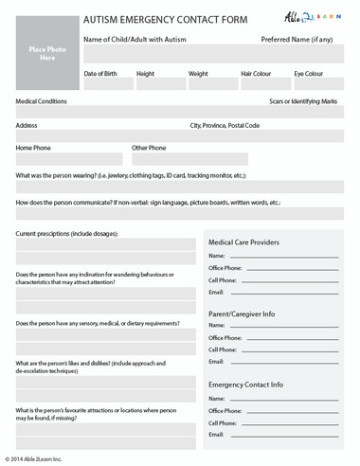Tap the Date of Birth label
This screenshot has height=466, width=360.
(100, 73)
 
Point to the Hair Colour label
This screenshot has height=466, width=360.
(256, 73)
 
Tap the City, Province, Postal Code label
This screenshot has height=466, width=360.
(225, 125)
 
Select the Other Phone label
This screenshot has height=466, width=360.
(149, 148)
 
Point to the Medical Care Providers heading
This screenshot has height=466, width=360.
(243, 242)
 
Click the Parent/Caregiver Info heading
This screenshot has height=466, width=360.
(242, 314)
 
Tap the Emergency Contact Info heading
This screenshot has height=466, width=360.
(245, 385)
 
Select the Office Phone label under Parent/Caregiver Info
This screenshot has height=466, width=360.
(226, 338)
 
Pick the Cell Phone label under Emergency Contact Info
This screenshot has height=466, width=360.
(223, 421)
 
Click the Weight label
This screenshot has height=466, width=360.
(198, 73)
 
